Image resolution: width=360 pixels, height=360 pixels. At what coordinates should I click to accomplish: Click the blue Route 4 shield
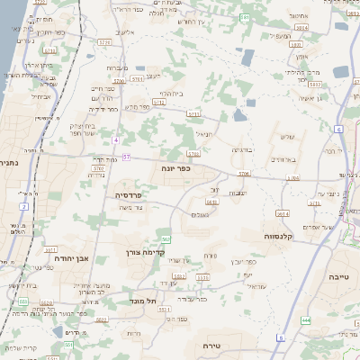116,140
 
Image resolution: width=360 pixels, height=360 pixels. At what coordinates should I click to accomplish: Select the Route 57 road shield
127,157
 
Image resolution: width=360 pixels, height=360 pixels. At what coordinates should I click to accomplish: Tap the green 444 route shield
306,319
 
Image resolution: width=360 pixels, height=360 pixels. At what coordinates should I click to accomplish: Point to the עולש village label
287,136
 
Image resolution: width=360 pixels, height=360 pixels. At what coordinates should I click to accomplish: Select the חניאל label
203,134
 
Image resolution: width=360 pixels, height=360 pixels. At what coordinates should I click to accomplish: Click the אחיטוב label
301,16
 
